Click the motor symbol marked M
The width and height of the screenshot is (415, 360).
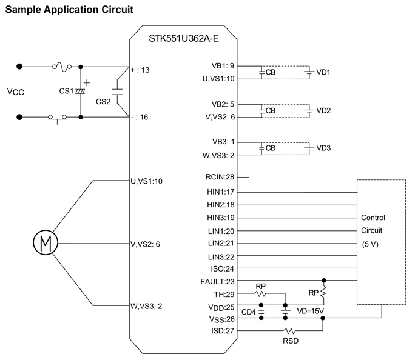[x=44, y=244]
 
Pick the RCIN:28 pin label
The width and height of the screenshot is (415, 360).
[x=221, y=177]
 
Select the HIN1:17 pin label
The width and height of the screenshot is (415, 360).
[x=221, y=192]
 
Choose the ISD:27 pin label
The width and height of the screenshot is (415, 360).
[x=223, y=331]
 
